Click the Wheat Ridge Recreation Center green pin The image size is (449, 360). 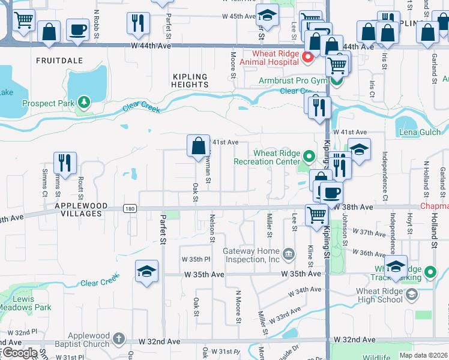(309, 157)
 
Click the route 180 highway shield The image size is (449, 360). (129, 209)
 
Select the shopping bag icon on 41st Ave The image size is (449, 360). (198, 146)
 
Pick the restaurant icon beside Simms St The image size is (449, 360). (65, 163)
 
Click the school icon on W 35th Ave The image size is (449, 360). (146, 272)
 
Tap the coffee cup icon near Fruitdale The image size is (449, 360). (77, 29)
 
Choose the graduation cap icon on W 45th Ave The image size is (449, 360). (267, 16)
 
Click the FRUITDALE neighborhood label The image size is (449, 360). (56, 61)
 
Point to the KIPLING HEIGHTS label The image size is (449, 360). (190, 80)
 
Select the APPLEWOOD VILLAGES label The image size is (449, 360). (80, 206)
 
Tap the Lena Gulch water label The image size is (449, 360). (416, 132)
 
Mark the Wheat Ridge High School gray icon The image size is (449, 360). (411, 294)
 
